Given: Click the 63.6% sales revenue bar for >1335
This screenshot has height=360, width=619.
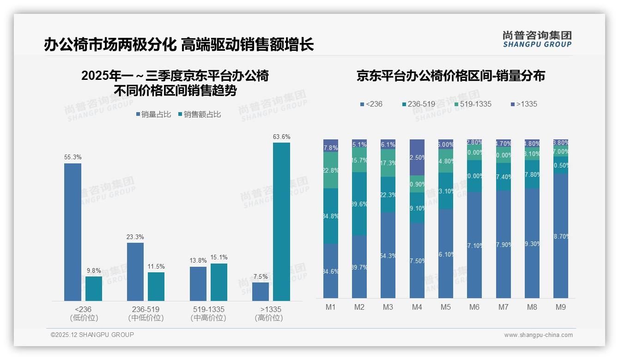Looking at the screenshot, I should coord(281,222).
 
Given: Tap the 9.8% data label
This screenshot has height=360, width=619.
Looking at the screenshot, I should coord(93,270).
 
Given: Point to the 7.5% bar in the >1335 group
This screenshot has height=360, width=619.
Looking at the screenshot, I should coord(261,292).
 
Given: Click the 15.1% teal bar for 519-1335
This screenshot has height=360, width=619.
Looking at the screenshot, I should coord(219,282).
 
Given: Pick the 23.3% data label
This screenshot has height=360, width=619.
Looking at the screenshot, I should coord(135,237).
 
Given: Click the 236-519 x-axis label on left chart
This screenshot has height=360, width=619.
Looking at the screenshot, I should coord(146,309).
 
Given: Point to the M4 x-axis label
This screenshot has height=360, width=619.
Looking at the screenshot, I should coord(417,307).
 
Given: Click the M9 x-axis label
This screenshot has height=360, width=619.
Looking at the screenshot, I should coord(560,307).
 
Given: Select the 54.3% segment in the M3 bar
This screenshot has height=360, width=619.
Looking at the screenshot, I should coord(388,255).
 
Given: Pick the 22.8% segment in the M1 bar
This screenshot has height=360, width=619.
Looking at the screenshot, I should coord(331,170).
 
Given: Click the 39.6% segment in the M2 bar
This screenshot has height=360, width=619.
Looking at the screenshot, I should coord(359,204).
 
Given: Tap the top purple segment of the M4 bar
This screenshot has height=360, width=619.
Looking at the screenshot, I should coord(417,157).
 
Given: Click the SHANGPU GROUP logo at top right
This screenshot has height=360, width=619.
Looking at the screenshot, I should coord(537,39).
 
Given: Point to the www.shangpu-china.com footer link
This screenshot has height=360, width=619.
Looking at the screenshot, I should coord(538,335).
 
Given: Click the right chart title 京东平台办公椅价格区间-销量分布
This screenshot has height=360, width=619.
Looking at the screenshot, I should coord(450,76).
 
